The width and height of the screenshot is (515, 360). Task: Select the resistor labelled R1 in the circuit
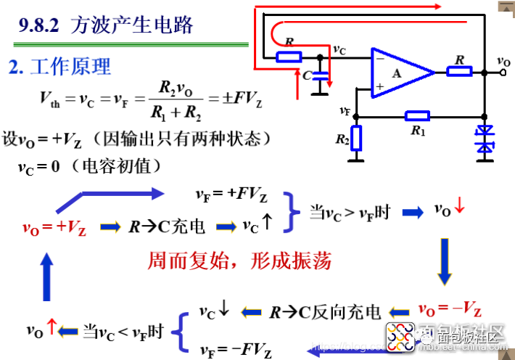click(417, 115)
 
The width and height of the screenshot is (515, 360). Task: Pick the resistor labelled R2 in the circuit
click(355, 138)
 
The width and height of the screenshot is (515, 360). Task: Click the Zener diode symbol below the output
click(484, 140)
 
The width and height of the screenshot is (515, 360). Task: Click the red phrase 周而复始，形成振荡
click(239, 262)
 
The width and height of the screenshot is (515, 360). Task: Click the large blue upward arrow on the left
click(46, 274)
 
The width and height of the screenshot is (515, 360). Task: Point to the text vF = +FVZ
click(231, 195)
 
